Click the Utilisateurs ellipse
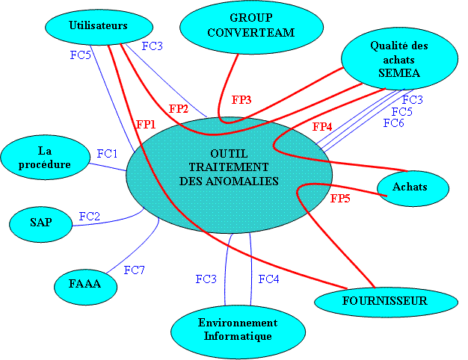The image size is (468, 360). [97, 25]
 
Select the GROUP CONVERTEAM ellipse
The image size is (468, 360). [251, 26]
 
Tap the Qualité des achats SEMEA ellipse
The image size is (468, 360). [399, 60]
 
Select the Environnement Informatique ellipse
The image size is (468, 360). [237, 329]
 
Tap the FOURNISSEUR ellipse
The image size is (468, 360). [384, 302]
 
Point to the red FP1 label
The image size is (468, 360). [146, 124]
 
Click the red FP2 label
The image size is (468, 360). [179, 109]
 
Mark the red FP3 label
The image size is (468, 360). [241, 99]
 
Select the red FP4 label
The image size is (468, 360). [322, 127]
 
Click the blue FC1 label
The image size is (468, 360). [108, 153]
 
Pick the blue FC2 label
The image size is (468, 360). [90, 217]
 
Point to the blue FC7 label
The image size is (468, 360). [134, 270]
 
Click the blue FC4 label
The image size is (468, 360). [269, 279]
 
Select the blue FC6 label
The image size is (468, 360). [394, 122]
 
